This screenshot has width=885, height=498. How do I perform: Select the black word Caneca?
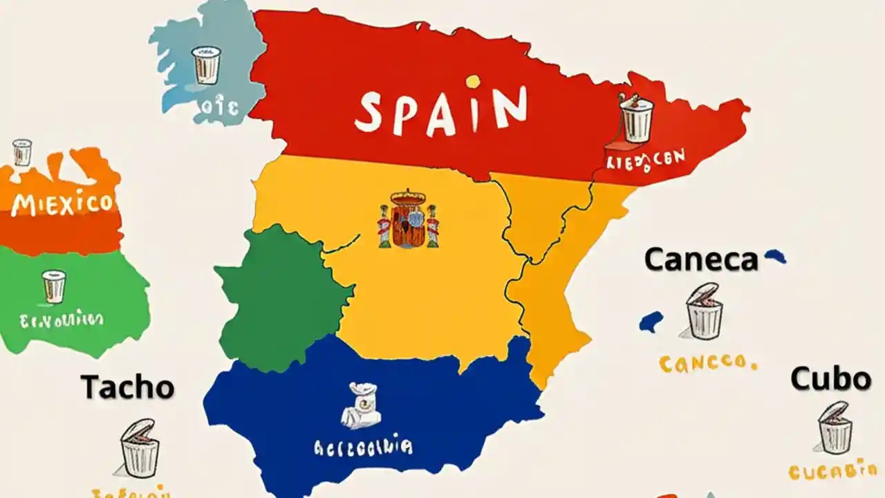coord(701,260)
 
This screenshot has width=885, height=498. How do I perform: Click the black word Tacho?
coord(128,387)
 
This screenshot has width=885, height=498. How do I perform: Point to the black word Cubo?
coord(830,379)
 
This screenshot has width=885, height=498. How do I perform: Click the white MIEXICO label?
coord(62,204)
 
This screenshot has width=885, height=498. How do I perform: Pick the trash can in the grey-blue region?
coord(206,65)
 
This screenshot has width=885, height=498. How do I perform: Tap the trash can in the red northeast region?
coord(636,118)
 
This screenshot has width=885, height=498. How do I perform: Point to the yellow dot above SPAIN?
coord(473,82)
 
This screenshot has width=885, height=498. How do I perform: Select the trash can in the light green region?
coord(54,286)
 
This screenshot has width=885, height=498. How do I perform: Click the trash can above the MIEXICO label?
coord(22,152)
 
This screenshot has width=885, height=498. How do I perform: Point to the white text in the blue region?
coord(363,447)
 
